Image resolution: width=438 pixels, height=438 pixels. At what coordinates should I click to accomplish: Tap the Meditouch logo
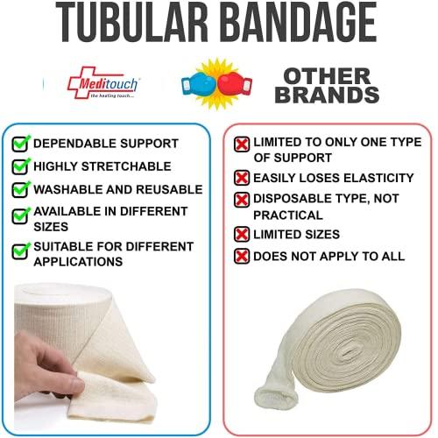[x=102, y=84]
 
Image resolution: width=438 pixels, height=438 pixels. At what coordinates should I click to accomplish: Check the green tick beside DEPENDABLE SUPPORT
[x=20, y=143]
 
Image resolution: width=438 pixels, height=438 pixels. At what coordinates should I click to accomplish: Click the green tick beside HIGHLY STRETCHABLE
[x=20, y=166]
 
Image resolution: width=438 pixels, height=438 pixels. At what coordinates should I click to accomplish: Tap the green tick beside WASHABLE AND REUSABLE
[x=20, y=189]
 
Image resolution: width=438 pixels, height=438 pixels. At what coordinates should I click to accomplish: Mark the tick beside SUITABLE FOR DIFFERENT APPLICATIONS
[x=20, y=251]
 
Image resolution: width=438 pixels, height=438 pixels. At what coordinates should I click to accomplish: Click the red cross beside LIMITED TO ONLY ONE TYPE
[x=241, y=144]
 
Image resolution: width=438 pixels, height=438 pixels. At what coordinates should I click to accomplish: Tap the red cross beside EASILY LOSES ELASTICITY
[x=241, y=178]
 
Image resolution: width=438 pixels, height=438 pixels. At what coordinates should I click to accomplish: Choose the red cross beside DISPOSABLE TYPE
[x=241, y=200]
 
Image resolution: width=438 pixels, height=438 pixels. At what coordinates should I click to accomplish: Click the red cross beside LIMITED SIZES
[x=241, y=234]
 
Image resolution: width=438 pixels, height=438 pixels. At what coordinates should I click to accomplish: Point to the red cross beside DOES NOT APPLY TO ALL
[x=241, y=256]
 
